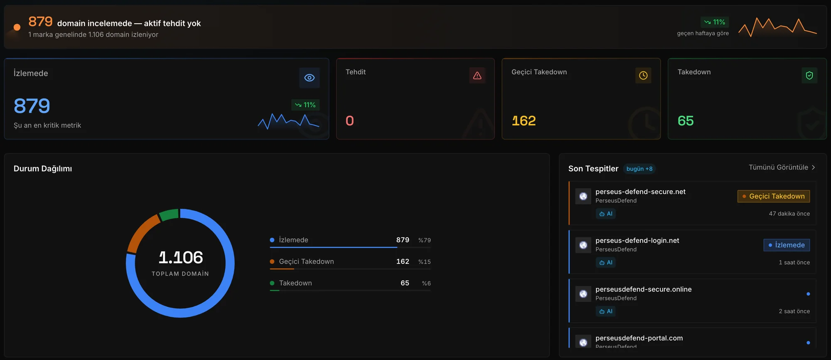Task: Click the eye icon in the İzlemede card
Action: pos(310,78)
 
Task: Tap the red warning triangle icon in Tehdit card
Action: pos(477,75)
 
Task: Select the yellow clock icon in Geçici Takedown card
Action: pos(643,75)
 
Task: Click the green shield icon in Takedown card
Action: pos(809,75)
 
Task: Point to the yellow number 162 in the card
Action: pos(524,121)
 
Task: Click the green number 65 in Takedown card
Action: pos(686,121)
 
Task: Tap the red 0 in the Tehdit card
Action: pos(350,121)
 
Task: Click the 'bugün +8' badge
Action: pos(639,169)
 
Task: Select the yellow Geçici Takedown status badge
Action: pos(774,196)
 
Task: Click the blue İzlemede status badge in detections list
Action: pos(787,245)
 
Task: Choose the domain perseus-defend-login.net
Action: pos(637,240)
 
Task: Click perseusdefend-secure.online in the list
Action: pos(644,289)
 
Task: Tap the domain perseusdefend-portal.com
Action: pos(639,338)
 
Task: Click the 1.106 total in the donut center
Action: pos(181,258)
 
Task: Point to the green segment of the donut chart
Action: pos(169,215)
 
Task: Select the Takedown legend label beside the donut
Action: pos(295,283)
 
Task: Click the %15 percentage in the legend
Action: pos(425,262)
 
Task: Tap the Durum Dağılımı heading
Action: pos(43,168)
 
